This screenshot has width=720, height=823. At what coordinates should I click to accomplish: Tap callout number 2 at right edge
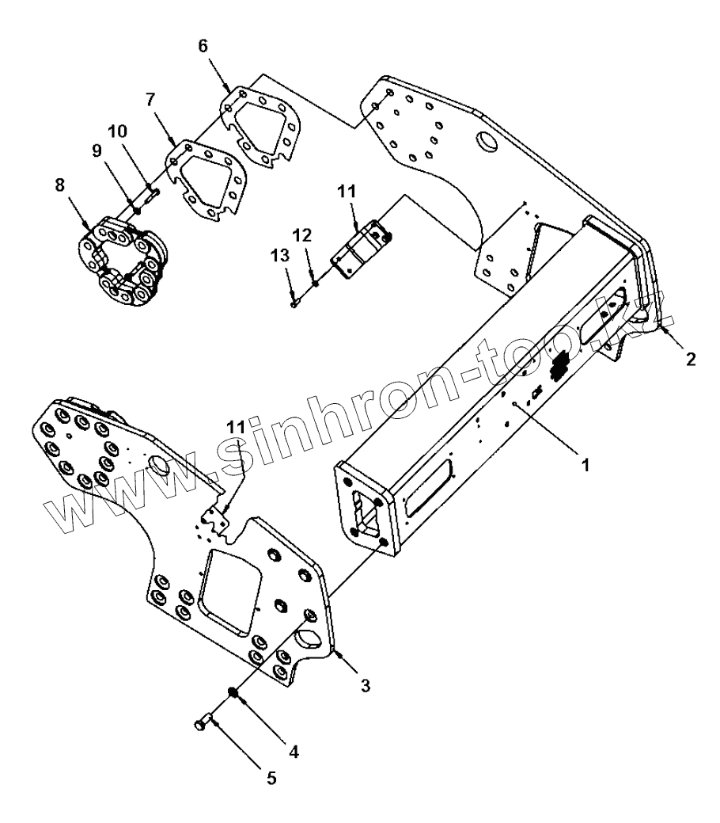[x=691, y=360]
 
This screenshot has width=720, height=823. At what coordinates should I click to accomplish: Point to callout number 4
[x=294, y=752]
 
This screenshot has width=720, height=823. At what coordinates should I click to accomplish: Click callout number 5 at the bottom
[x=271, y=778]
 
